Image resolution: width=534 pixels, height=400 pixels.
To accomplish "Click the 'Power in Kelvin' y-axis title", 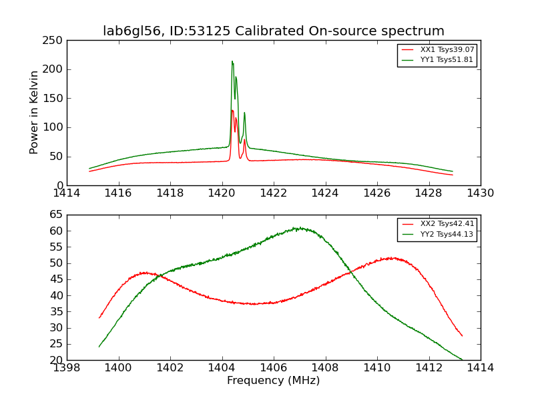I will click(34, 113).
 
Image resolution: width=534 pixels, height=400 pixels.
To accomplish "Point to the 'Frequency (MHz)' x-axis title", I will click(273, 381).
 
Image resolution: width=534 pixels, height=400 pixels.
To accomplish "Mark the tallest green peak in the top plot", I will click(232, 61).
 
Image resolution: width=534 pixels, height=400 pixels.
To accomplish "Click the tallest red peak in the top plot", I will click(232, 110).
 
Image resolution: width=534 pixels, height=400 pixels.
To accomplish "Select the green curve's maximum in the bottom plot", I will click(298, 228).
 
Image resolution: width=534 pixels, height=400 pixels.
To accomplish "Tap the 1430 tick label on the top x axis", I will click(480, 193).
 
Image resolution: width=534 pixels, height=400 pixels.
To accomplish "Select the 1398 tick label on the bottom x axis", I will click(67, 367).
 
